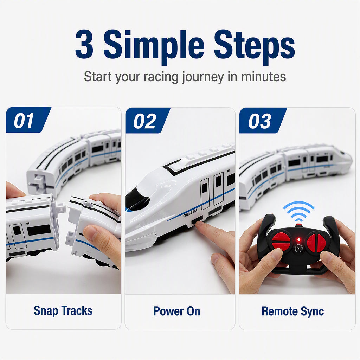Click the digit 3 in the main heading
click(84, 44)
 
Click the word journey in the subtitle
click(203, 77)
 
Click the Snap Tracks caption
click(63, 311)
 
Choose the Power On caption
click(177, 311)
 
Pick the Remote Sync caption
click(293, 311)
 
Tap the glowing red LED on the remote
click(299, 240)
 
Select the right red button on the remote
click(316, 241)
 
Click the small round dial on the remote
click(298, 249)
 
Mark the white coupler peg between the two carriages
click(60, 208)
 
